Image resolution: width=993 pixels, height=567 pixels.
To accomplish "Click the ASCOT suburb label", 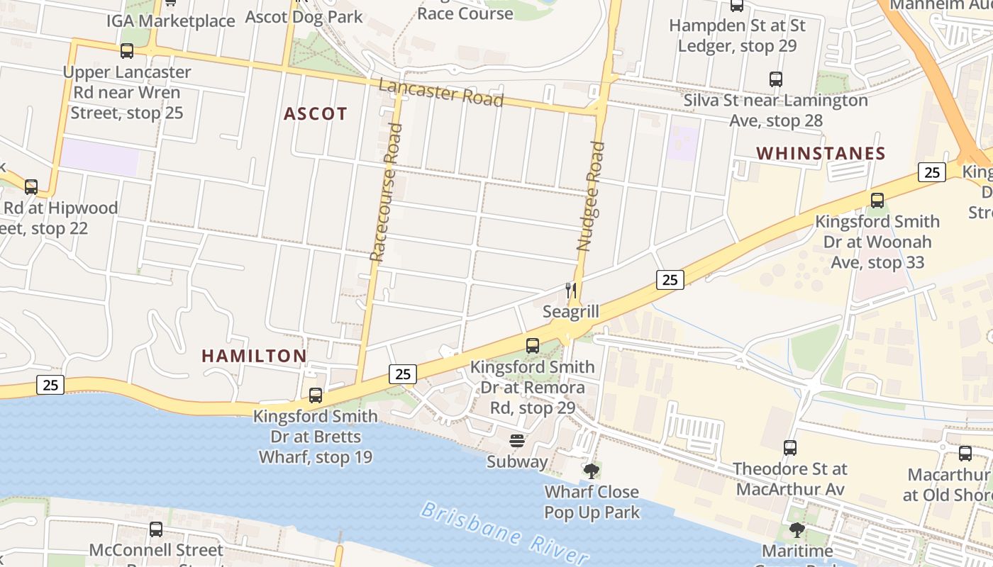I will click(316, 113).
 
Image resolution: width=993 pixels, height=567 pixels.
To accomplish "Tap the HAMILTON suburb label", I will click(254, 356).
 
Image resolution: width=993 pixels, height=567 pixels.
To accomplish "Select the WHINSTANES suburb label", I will click(821, 153).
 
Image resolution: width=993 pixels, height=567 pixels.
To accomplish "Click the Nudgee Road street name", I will click(591, 196).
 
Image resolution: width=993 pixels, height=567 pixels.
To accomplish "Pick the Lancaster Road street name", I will click(440, 93).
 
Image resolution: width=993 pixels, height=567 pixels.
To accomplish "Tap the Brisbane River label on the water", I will click(504, 533).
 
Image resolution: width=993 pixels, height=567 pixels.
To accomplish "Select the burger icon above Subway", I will click(517, 441).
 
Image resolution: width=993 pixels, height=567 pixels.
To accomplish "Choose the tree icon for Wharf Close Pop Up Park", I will click(591, 471).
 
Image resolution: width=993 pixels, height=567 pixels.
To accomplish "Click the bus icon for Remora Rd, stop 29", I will click(533, 346).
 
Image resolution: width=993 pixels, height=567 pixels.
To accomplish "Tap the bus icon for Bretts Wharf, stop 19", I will click(316, 395).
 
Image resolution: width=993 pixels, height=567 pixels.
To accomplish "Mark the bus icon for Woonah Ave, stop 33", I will click(877, 201).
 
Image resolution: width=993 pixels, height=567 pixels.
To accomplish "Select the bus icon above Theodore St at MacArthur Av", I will click(790, 448).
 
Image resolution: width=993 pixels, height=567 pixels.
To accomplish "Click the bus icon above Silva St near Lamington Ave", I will click(776, 79).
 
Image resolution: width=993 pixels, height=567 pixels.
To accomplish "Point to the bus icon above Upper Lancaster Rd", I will click(127, 51).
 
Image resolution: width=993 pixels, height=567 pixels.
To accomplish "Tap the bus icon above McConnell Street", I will click(156, 529).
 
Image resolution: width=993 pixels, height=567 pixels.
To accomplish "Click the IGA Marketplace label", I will click(171, 21).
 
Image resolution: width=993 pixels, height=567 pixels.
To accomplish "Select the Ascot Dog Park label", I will click(304, 16).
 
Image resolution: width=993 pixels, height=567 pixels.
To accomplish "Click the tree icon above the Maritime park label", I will click(797, 529).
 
